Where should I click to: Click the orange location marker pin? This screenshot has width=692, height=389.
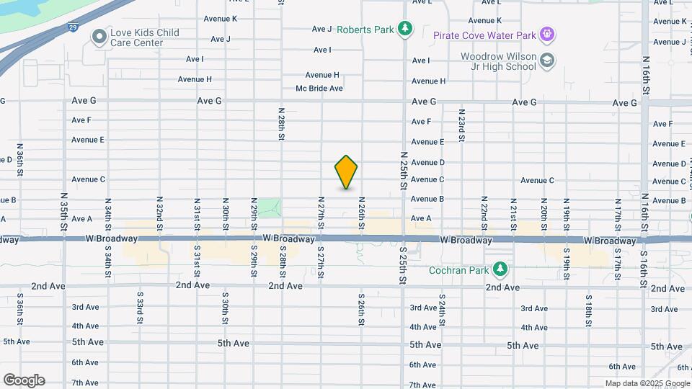346,172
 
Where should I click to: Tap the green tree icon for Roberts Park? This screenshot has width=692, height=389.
407,29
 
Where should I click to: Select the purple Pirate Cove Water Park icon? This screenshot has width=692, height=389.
547,34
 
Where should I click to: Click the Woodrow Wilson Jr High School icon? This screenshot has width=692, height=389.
547,61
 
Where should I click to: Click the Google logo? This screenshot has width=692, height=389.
24,380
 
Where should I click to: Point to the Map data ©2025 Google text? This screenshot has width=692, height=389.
647,384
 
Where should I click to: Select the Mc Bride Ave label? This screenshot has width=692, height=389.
319,88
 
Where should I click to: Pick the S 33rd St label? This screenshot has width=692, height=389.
138,305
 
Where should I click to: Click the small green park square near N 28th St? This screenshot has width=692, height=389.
270,207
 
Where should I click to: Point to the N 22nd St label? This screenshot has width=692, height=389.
484,210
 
